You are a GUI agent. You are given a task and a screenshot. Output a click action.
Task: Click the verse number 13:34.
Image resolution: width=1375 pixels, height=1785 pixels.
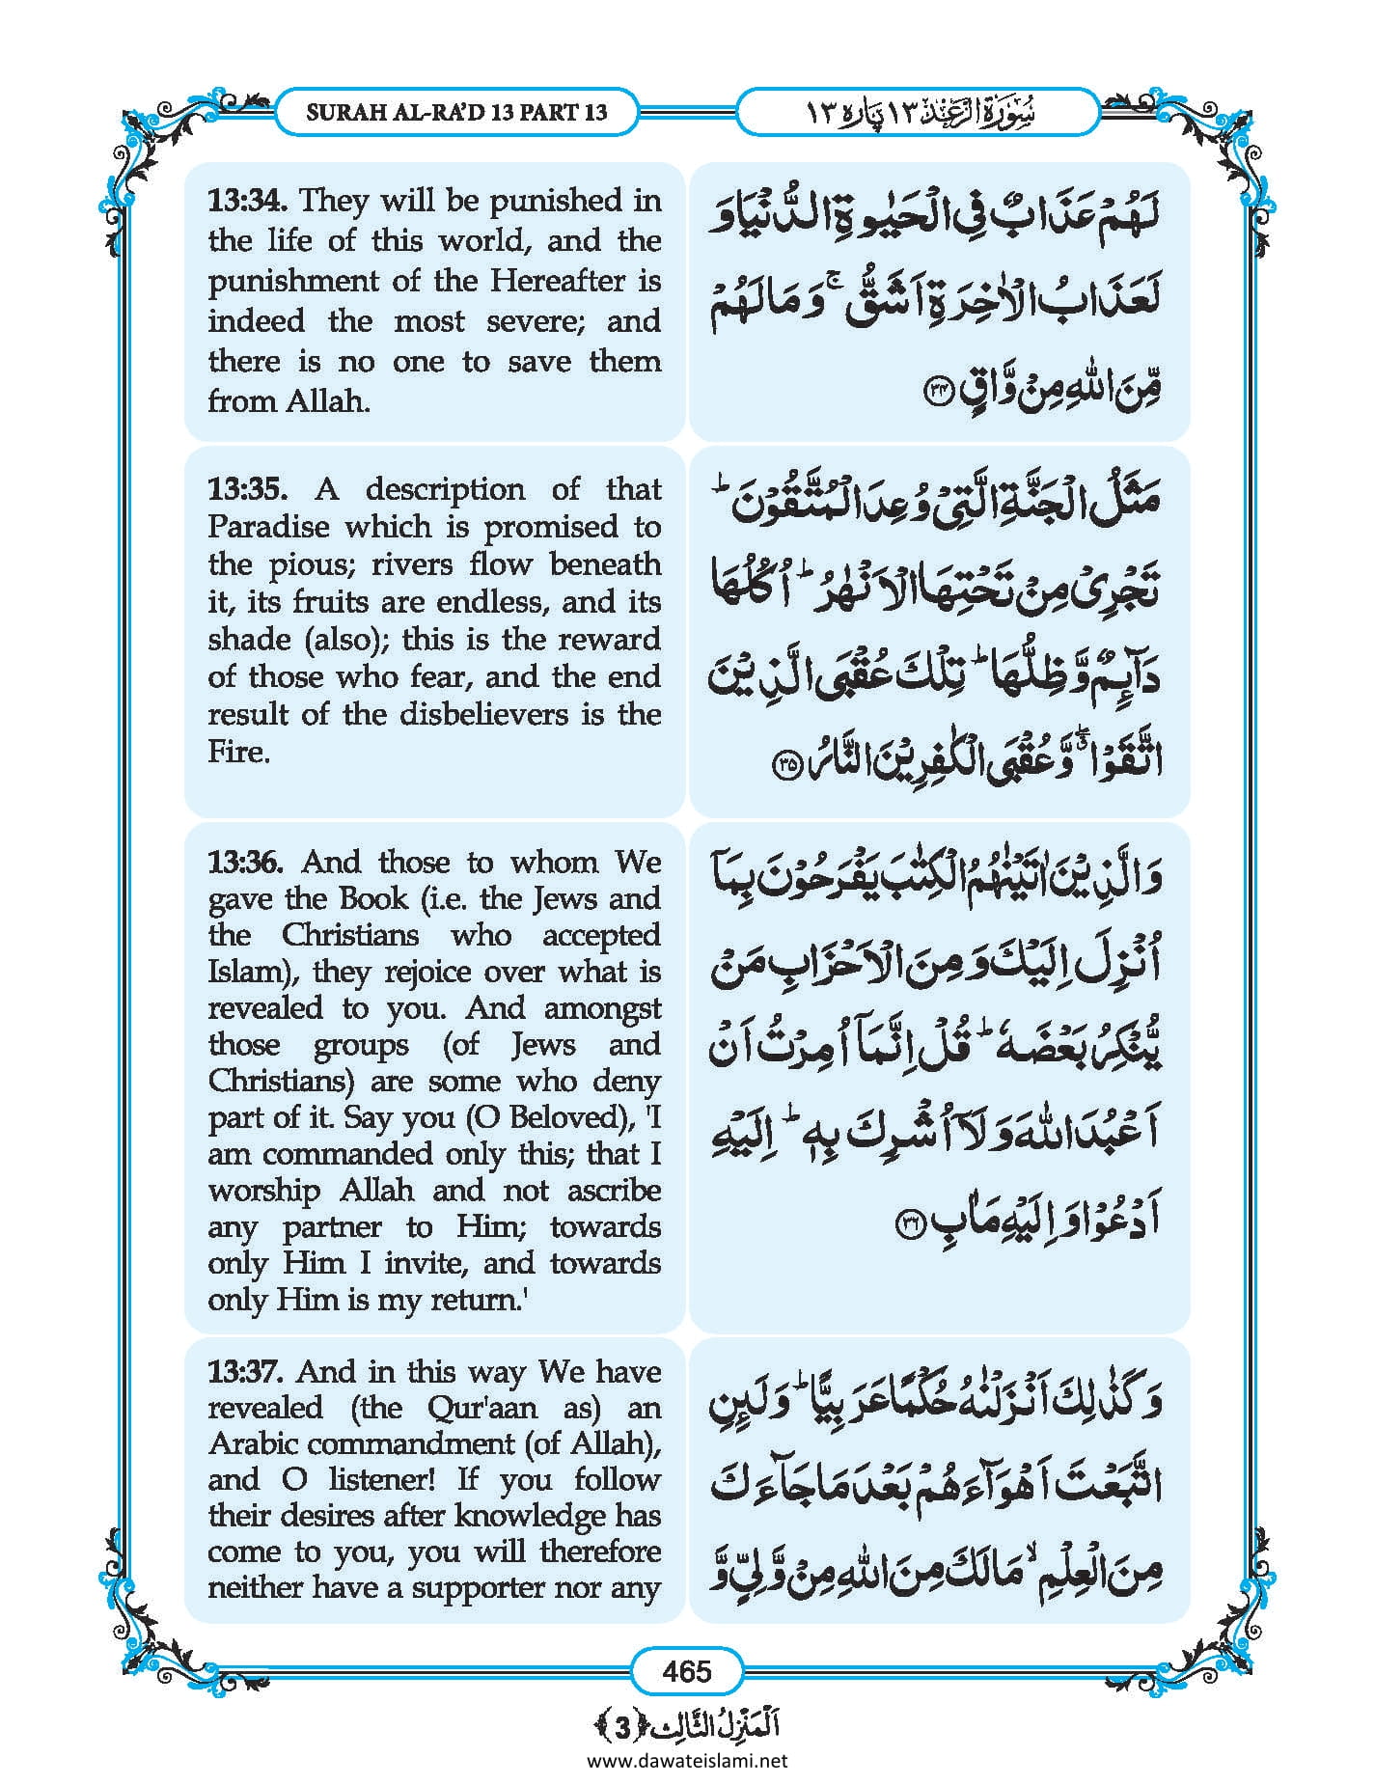click(x=249, y=201)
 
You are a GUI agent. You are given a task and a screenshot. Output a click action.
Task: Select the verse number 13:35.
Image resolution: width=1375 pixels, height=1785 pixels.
click(x=247, y=489)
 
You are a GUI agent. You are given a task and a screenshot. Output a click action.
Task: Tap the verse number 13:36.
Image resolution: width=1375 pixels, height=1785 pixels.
click(x=249, y=862)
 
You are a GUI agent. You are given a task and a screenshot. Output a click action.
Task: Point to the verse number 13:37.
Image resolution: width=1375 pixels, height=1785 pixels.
click(x=247, y=1371)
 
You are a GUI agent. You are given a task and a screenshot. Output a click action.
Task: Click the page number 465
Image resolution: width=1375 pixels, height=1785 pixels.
click(x=687, y=1670)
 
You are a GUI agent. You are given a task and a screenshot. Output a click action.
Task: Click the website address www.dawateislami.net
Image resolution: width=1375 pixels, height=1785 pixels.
click(x=687, y=1761)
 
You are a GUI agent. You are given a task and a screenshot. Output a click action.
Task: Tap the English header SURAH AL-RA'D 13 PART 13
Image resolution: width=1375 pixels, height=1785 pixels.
click(x=456, y=112)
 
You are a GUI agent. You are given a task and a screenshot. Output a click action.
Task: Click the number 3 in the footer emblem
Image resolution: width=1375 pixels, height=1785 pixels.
click(x=623, y=1728)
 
